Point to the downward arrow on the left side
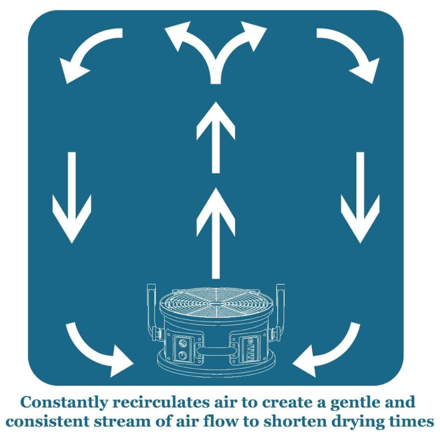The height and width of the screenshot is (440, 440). click(72, 198)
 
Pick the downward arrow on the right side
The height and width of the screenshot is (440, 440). click(360, 198)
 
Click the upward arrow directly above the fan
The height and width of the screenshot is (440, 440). click(216, 233)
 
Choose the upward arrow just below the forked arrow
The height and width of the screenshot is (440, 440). click(216, 136)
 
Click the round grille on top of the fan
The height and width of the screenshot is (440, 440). click(216, 304)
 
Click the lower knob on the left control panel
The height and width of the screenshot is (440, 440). click(181, 356)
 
